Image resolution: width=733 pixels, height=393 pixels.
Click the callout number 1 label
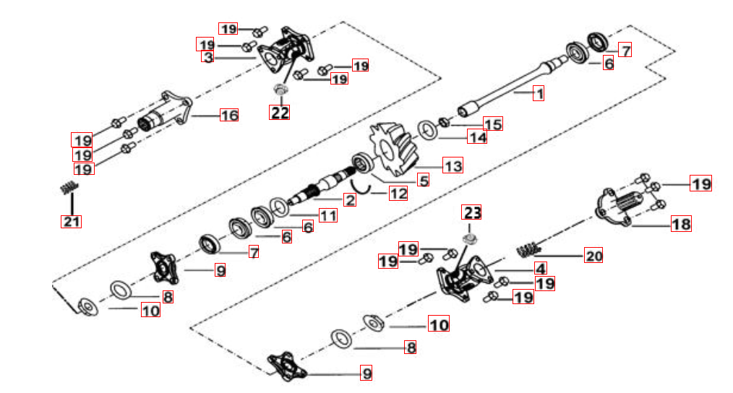[538, 93]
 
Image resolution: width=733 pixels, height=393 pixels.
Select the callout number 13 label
[453, 166]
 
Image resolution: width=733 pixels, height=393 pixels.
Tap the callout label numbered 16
[228, 116]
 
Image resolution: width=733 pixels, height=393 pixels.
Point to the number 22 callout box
[279, 112]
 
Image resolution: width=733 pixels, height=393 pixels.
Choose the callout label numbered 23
[472, 212]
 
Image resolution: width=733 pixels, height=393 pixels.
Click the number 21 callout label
[71, 221]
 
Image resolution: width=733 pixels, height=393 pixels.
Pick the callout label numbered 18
[681, 224]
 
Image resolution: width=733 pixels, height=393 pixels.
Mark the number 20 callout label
[593, 256]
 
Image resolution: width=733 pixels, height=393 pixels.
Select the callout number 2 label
[349, 199]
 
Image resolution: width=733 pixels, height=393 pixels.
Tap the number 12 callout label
[398, 193]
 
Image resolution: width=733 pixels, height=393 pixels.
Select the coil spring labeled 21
[68, 189]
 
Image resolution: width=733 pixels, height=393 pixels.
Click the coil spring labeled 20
[528, 249]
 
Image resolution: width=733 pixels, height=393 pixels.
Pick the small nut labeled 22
[280, 90]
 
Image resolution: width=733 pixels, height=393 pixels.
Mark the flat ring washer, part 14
[429, 130]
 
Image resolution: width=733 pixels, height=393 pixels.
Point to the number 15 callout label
[492, 124]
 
